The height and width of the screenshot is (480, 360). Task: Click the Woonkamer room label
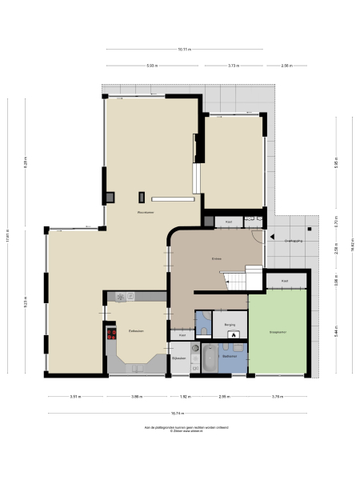coord(145,212)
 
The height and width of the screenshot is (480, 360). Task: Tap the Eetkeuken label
coord(136,330)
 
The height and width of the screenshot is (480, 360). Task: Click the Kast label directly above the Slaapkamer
coord(285,281)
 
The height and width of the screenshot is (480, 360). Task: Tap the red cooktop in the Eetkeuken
coord(111,335)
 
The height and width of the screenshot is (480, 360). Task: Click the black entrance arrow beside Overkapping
coord(272,238)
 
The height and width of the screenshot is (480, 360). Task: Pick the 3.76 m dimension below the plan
coord(277,396)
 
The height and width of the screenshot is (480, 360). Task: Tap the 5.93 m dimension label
coord(152,66)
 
